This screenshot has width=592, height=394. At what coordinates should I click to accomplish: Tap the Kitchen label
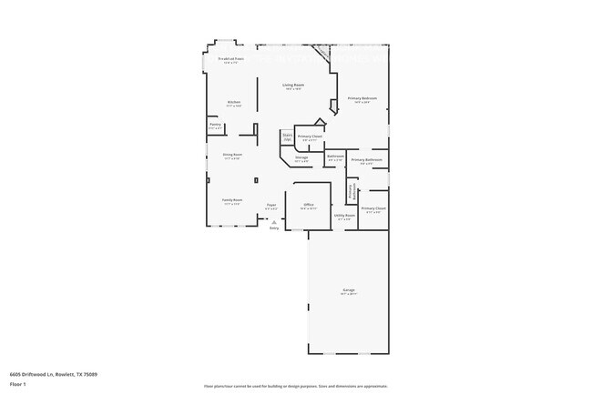(x=234, y=102)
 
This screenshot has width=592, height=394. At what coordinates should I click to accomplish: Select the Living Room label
(x=293, y=86)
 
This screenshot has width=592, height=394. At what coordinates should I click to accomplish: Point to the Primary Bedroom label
(x=362, y=98)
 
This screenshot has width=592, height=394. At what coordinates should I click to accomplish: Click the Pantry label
(x=216, y=125)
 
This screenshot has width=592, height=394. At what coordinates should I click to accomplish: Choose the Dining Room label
(x=233, y=156)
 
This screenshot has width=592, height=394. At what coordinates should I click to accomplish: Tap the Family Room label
(x=232, y=200)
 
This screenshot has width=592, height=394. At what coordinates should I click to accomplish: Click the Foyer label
(x=271, y=206)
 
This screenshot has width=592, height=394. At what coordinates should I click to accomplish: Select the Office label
(x=309, y=206)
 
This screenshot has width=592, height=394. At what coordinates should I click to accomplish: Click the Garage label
(x=349, y=291)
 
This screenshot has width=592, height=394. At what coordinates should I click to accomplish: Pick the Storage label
(x=301, y=158)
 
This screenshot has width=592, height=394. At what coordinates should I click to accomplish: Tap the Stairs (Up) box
(x=287, y=136)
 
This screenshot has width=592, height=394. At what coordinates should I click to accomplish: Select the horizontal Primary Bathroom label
(x=367, y=160)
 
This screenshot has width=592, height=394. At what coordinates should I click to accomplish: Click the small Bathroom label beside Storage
(x=335, y=157)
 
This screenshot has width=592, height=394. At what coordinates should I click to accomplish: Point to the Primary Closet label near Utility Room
(x=373, y=209)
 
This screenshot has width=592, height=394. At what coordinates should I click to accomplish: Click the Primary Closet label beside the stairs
(x=310, y=137)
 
